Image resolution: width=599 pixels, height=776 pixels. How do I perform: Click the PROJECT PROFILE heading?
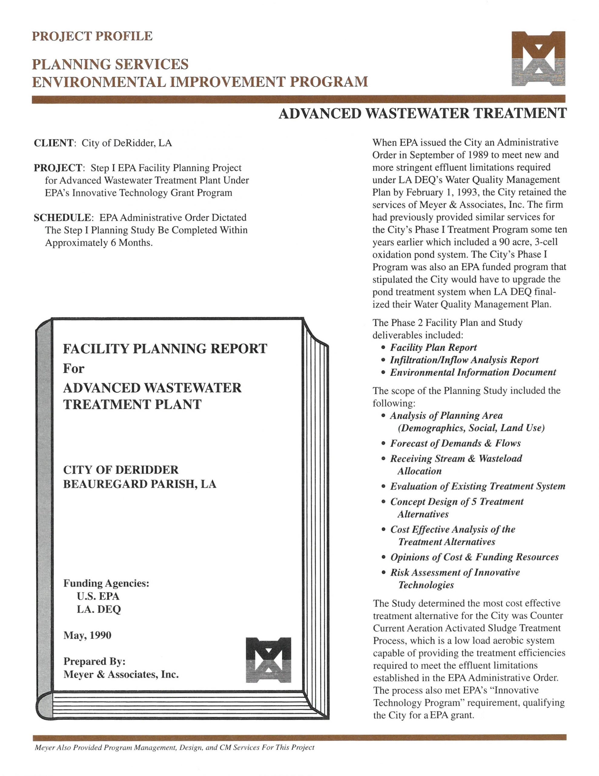point(92,36)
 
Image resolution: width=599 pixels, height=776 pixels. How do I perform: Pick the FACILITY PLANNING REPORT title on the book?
point(165,349)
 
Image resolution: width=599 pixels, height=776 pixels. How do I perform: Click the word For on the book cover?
point(74,369)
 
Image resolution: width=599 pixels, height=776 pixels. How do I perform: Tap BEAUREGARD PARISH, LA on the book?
point(140,484)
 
